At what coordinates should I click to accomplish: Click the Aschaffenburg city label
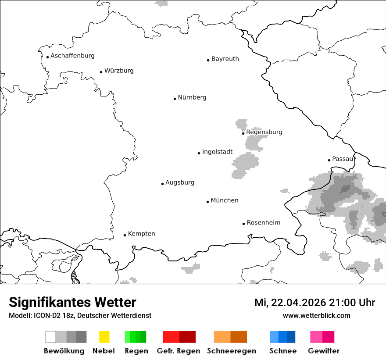click(72, 56)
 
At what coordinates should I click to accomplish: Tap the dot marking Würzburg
click(101, 72)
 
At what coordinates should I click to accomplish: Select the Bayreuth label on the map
click(225, 59)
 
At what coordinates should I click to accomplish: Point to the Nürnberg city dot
click(175, 99)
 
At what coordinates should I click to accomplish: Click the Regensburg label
click(264, 132)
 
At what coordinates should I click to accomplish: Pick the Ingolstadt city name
click(217, 152)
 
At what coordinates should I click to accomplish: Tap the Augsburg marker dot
click(162, 184)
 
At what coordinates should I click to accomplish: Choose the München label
click(225, 200)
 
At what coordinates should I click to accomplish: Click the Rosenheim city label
click(263, 223)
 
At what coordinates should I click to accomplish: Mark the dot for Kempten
click(125, 235)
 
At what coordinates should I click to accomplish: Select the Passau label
click(342, 159)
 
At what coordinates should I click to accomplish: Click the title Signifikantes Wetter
click(72, 302)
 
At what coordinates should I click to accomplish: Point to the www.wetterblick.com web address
click(316, 315)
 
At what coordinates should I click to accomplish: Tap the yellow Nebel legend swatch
click(104, 337)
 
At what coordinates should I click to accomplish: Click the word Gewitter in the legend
click(324, 351)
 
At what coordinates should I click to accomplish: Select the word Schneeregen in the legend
click(232, 351)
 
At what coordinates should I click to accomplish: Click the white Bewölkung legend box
click(51, 337)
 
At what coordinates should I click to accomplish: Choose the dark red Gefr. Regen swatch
click(187, 337)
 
